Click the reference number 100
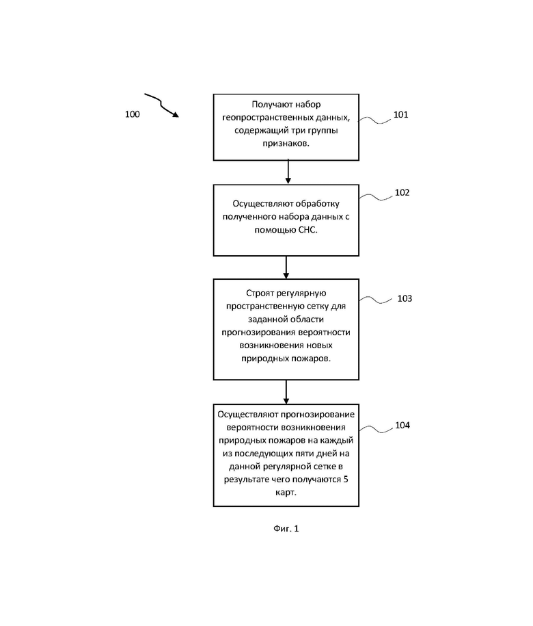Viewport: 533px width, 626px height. click(x=133, y=114)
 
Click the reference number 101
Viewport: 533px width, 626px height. click(x=400, y=114)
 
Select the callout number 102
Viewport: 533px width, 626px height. click(x=402, y=192)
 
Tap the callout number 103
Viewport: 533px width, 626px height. click(x=405, y=298)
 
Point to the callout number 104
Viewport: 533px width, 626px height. click(x=402, y=425)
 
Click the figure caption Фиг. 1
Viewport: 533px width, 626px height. click(x=286, y=529)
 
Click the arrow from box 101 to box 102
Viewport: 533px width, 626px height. click(x=288, y=172)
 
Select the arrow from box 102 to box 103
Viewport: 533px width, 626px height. click(x=286, y=267)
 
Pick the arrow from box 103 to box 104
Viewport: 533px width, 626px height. click(x=286, y=391)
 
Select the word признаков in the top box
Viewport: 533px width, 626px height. click(x=285, y=143)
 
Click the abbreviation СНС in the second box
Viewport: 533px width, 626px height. click(x=307, y=230)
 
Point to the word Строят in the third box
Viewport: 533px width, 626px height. click(x=260, y=294)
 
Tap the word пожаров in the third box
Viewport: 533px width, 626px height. click(x=312, y=358)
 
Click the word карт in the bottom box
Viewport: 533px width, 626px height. click(x=285, y=493)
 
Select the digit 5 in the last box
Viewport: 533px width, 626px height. click(x=345, y=479)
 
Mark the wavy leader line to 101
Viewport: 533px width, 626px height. click(x=375, y=120)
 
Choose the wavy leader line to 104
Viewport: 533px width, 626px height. click(x=376, y=429)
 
